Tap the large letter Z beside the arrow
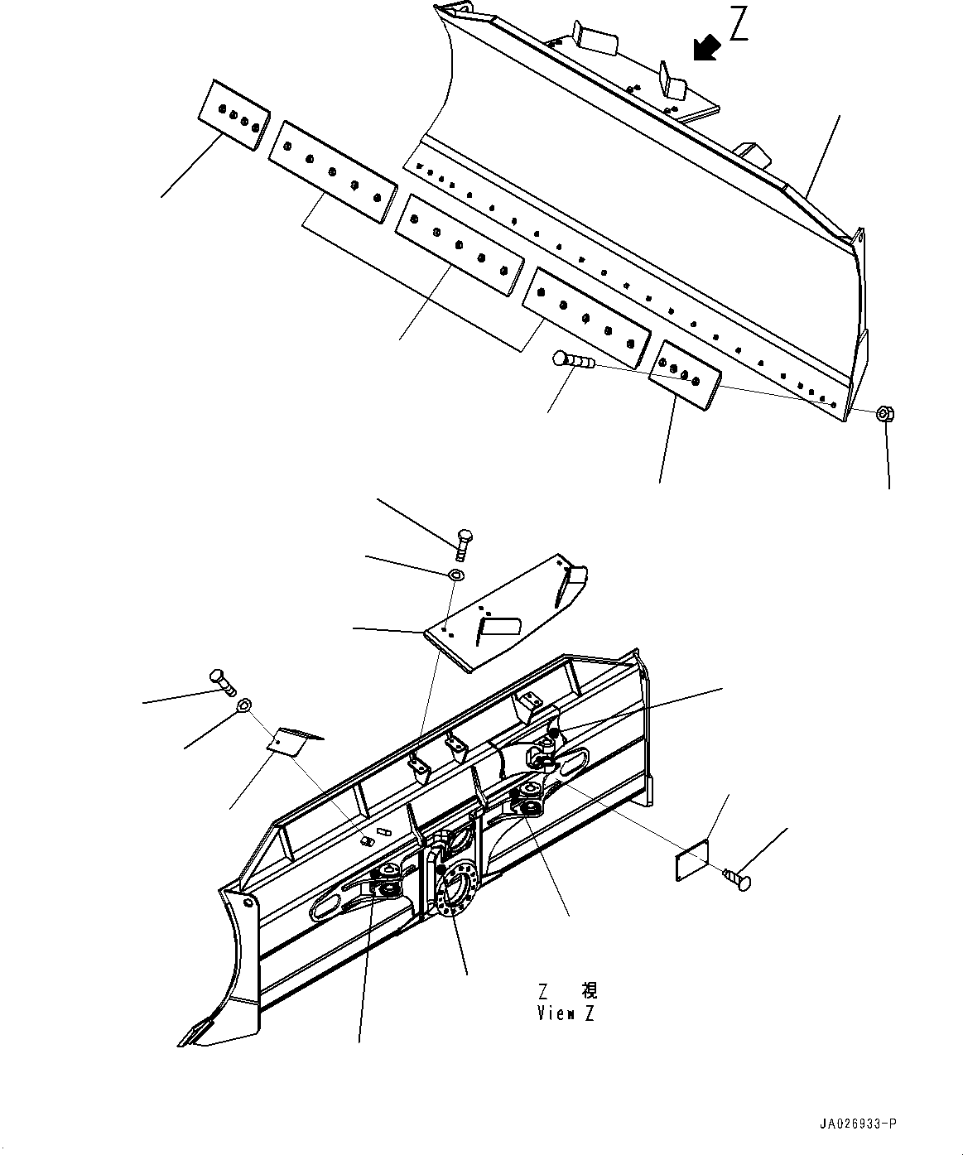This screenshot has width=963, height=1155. click(739, 24)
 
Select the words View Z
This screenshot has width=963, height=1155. click(566, 1014)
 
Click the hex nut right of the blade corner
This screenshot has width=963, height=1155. click(885, 413)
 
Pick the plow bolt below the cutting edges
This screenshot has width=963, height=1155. click(574, 361)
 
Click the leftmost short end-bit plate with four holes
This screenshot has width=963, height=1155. click(234, 114)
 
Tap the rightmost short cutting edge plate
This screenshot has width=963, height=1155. click(685, 375)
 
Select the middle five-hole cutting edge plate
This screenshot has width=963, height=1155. click(459, 245)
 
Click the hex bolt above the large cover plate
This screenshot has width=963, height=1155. click(464, 545)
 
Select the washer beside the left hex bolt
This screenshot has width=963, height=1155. click(244, 705)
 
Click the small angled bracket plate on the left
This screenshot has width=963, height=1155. click(294, 739)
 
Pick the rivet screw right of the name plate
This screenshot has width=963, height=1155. click(737, 878)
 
